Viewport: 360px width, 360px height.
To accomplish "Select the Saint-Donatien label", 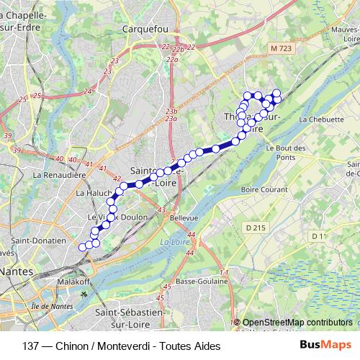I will tap(39, 240).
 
